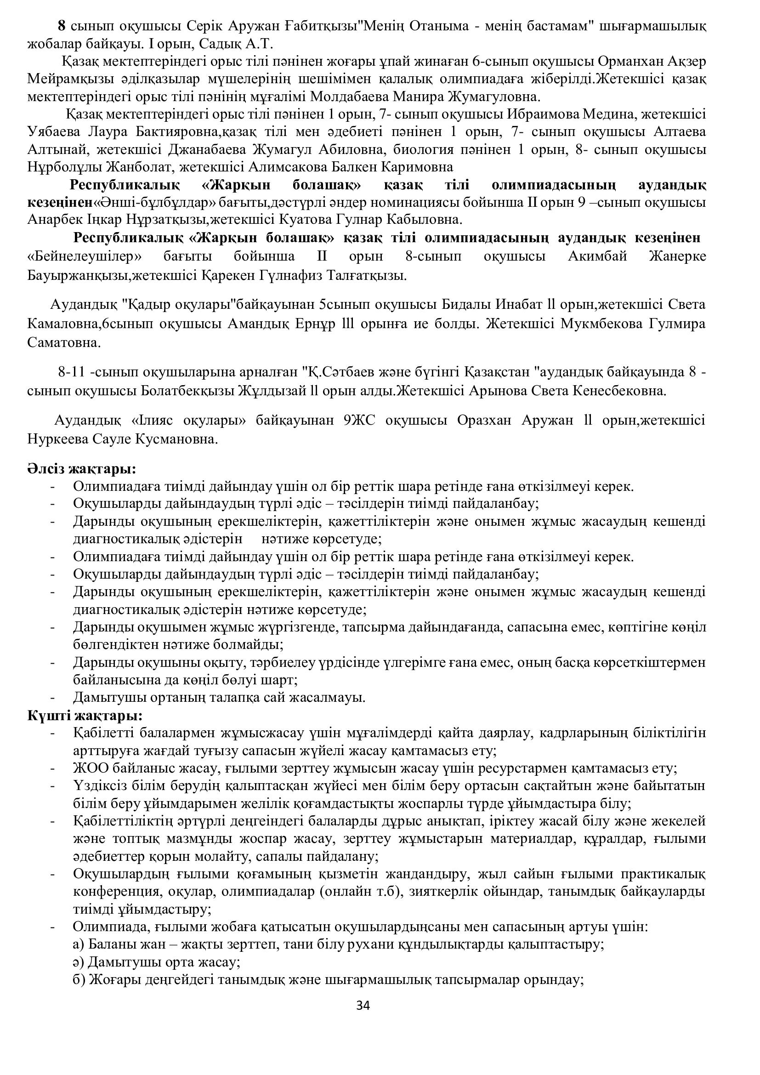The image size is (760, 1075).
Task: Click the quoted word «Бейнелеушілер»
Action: click(85, 256)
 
